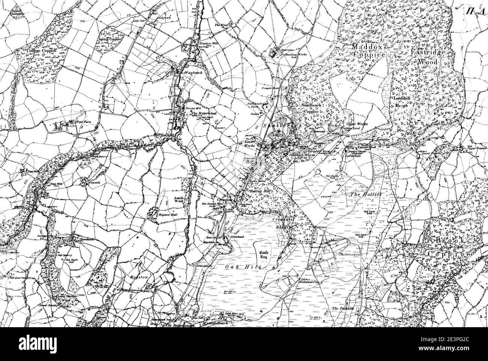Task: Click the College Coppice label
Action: (41, 50)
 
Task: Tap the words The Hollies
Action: (366, 195)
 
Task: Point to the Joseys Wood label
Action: (175, 199)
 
